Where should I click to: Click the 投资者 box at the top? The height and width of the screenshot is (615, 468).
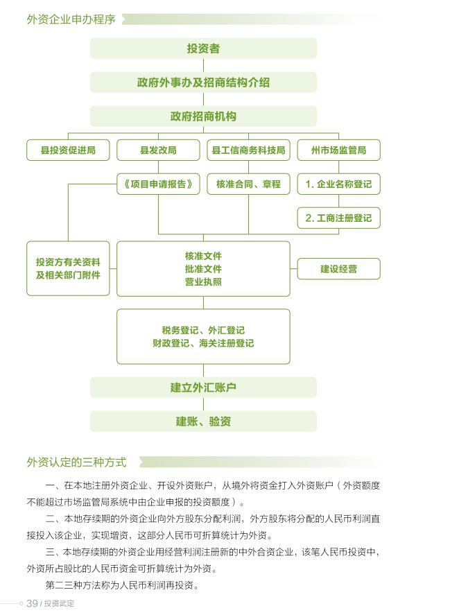click(203, 49)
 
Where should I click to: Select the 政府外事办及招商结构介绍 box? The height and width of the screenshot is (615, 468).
click(203, 83)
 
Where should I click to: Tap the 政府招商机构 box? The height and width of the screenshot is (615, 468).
click(203, 116)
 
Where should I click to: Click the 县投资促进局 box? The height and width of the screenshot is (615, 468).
click(68, 150)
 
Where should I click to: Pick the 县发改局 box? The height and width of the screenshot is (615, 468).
click(158, 150)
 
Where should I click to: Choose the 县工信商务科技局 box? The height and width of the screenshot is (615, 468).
click(248, 150)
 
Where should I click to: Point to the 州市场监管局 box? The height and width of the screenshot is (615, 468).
click(338, 150)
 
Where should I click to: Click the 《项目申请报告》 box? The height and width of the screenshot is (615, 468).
click(158, 184)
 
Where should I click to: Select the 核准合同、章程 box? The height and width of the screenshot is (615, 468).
click(248, 184)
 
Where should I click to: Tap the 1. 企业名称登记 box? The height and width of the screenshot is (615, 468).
click(338, 184)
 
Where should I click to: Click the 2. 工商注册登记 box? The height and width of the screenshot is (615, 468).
click(338, 218)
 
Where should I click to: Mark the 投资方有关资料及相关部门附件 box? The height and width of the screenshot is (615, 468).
click(68, 268)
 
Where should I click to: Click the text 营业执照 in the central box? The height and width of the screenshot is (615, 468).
click(203, 281)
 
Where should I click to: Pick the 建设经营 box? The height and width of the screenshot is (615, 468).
click(338, 268)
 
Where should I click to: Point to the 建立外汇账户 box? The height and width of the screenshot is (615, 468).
click(203, 388)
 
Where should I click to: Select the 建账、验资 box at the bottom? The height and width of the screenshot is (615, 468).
click(203, 422)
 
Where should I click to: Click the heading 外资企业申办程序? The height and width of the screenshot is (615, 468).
click(71, 19)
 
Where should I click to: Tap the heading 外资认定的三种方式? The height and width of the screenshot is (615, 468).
click(76, 462)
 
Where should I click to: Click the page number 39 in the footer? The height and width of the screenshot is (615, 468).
click(32, 603)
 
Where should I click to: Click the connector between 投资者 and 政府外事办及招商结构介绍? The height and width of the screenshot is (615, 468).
click(203, 65)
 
